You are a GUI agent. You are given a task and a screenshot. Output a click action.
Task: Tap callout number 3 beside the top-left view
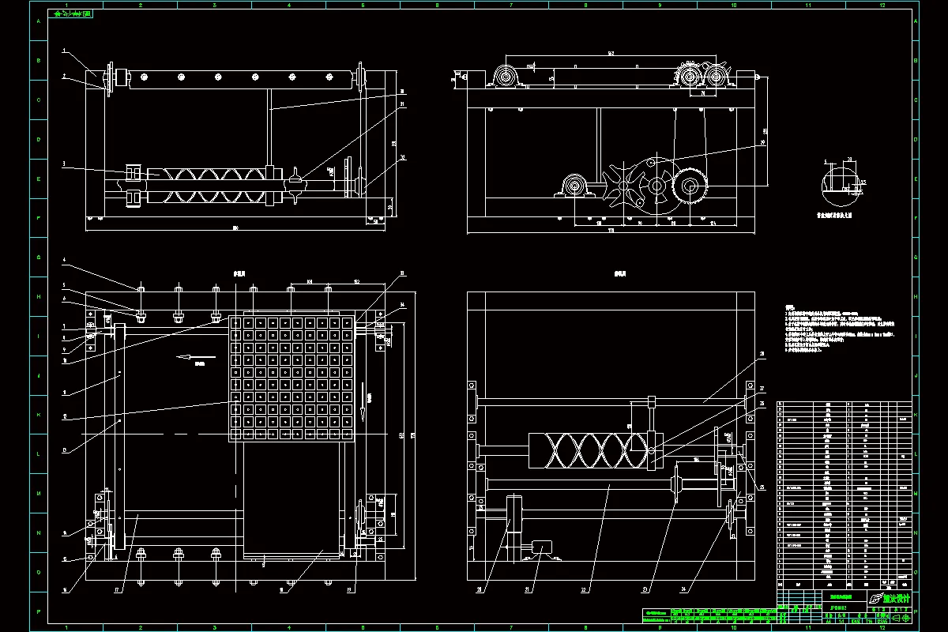[64, 164]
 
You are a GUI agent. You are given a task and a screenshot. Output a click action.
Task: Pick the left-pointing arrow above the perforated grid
[185, 357]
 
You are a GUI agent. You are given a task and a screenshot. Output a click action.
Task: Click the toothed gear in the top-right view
[690, 189]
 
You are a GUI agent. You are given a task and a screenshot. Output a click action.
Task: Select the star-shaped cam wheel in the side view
[624, 188]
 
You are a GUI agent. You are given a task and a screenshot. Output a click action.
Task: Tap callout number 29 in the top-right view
[762, 144]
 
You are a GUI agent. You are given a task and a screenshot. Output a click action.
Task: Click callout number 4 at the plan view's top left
[64, 259]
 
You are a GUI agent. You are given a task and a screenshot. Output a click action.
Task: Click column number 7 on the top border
[511, 6]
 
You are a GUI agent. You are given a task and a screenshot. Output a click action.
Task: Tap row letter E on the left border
[36, 179]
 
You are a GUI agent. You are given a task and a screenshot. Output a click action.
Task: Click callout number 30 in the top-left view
[402, 91]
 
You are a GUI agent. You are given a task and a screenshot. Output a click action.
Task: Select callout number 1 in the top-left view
[64, 50]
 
